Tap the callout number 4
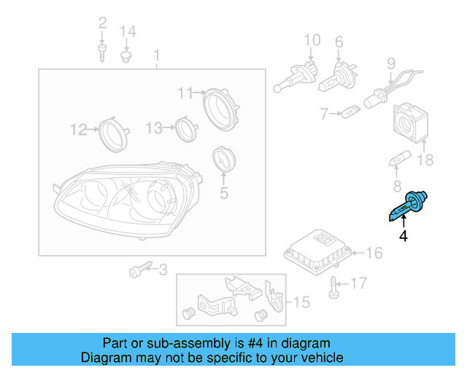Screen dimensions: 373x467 pyautogui.click(x=403, y=235)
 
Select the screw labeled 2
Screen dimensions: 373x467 pyautogui.click(x=102, y=49)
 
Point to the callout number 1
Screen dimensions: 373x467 pyautogui.click(x=155, y=55)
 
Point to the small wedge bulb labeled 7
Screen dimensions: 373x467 pyautogui.click(x=351, y=113)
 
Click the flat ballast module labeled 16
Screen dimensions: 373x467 pyautogui.click(x=320, y=251)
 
